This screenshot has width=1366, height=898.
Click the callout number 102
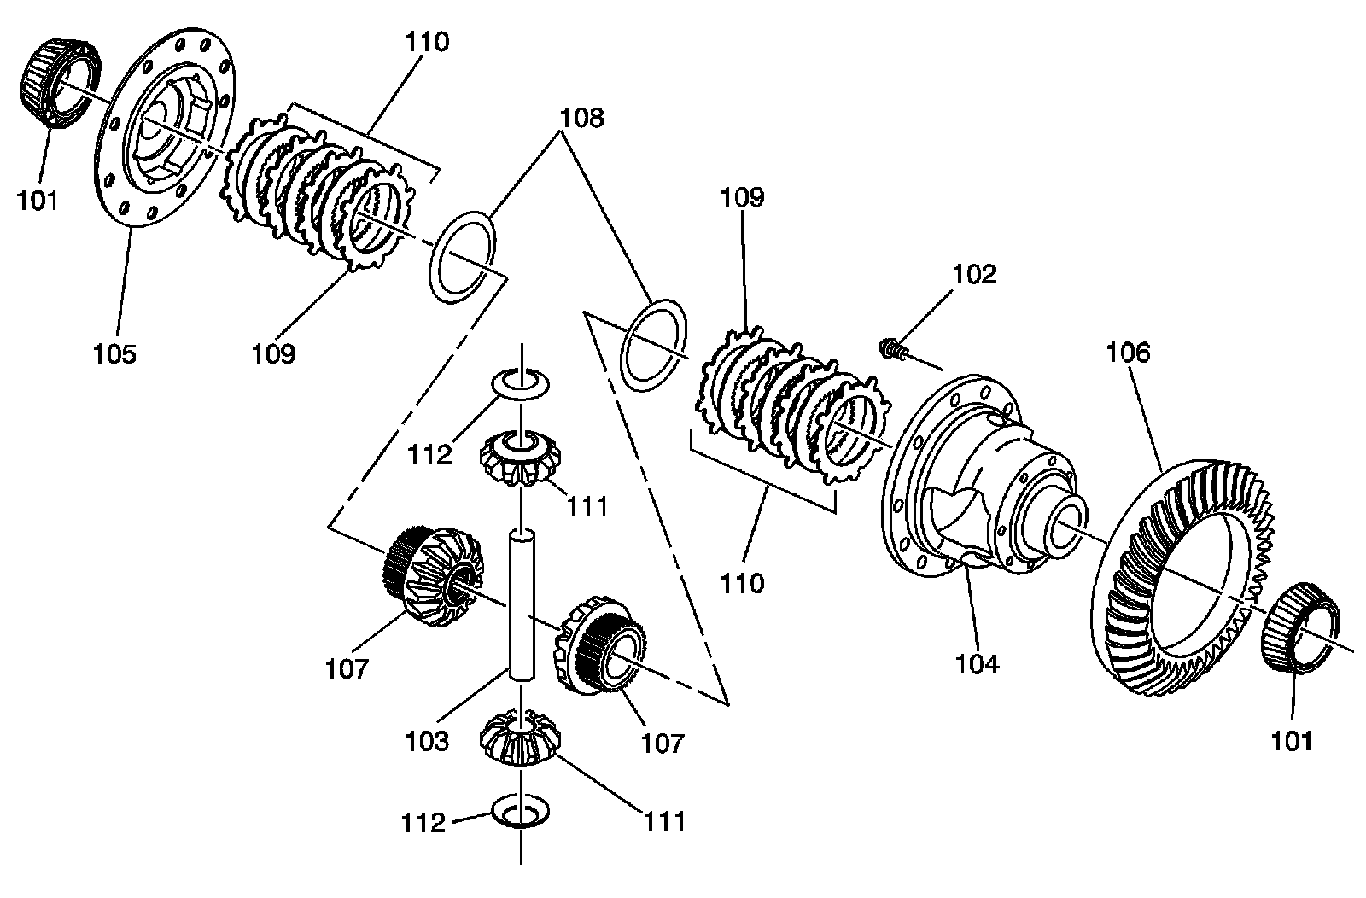pos(974,274)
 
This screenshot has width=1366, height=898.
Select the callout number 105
pos(114,353)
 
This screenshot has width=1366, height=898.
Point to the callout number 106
pos(1128,353)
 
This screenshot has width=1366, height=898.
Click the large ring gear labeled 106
pos(1182,577)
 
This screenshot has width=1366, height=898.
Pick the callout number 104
pos(978,664)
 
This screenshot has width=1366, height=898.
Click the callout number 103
pos(427,741)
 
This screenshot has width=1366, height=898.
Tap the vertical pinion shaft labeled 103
pos(522,604)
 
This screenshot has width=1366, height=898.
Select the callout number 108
pos(582,118)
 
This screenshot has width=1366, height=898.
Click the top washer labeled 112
pos(520,384)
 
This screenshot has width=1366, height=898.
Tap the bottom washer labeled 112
pos(520,811)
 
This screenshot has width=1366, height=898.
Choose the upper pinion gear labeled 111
pos(520,458)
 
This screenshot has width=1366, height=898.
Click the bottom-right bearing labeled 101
pos(1299,628)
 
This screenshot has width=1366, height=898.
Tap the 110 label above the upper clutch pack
pos(427,42)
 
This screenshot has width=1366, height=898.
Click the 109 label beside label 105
pos(273,353)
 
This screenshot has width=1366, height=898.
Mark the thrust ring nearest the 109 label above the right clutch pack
pos(653,346)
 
